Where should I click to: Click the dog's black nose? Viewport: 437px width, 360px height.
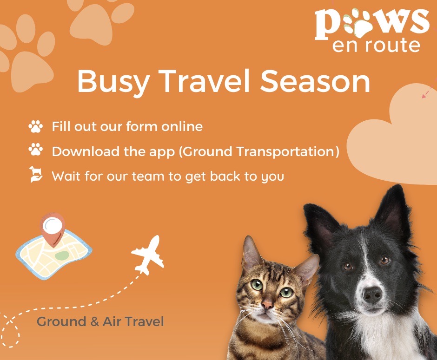click(372, 295)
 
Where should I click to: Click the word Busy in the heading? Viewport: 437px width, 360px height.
click(113, 82)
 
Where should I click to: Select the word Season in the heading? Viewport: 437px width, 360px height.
click(315, 81)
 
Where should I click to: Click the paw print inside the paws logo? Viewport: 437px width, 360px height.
click(359, 23)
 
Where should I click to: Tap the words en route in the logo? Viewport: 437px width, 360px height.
click(376, 46)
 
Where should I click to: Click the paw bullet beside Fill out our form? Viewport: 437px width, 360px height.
click(36, 126)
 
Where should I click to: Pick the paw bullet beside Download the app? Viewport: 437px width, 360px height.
click(36, 150)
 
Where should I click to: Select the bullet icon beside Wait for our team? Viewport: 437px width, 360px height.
click(36, 174)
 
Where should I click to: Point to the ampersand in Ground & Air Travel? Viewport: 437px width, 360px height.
click(95, 322)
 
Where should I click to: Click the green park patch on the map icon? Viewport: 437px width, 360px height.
click(61, 255)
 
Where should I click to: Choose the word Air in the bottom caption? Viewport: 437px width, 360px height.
click(111, 321)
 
